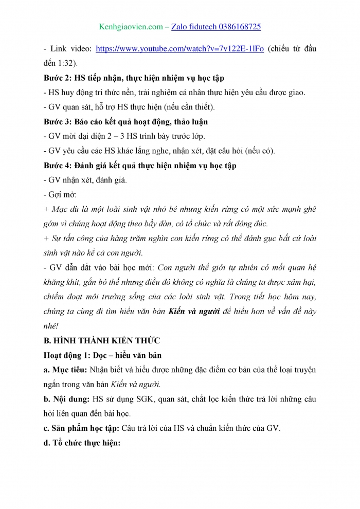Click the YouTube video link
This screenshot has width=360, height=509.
pos(180,49)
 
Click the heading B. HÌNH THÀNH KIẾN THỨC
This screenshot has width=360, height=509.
pos(102,340)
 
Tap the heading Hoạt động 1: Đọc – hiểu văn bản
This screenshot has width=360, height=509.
pos(107,355)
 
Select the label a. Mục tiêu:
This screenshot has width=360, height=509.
pos(66,370)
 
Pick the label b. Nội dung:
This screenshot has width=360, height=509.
pos(66,399)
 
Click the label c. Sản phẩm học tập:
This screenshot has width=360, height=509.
pos(84,428)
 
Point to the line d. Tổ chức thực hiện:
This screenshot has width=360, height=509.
pos(82,443)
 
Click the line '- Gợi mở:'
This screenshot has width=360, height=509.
pos(60,195)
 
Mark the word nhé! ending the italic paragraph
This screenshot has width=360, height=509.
pos(51,326)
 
